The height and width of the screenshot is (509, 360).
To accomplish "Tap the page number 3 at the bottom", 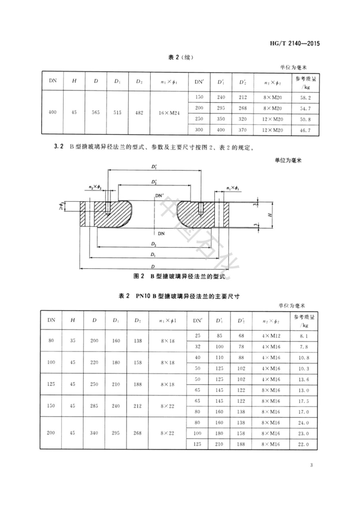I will click(311, 465).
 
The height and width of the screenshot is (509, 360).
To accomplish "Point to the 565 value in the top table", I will click(95, 113).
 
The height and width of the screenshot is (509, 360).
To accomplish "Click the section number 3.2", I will click(59, 147).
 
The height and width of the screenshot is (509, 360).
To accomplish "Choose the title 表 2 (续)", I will click(180, 58).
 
